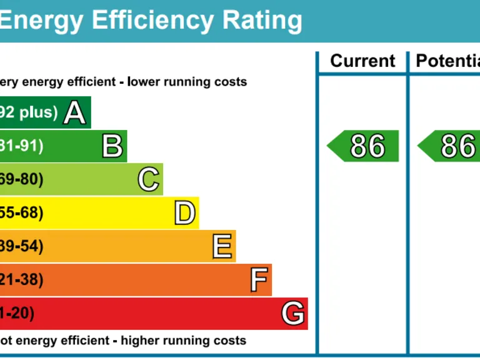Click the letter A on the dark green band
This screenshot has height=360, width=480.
(74, 113)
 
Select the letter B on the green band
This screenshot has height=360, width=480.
(112, 146)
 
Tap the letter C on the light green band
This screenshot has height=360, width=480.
(149, 180)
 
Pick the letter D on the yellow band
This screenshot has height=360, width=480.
(184, 213)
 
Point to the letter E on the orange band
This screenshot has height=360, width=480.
(222, 247)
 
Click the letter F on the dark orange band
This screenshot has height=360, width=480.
(259, 280)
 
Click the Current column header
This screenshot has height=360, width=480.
(362, 61)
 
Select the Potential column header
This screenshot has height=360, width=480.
(447, 61)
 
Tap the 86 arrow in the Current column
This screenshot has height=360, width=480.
(363, 146)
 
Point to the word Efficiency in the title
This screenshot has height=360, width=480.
(152, 21)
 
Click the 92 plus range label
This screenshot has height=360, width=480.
(29, 112)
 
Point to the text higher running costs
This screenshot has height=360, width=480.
(183, 341)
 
